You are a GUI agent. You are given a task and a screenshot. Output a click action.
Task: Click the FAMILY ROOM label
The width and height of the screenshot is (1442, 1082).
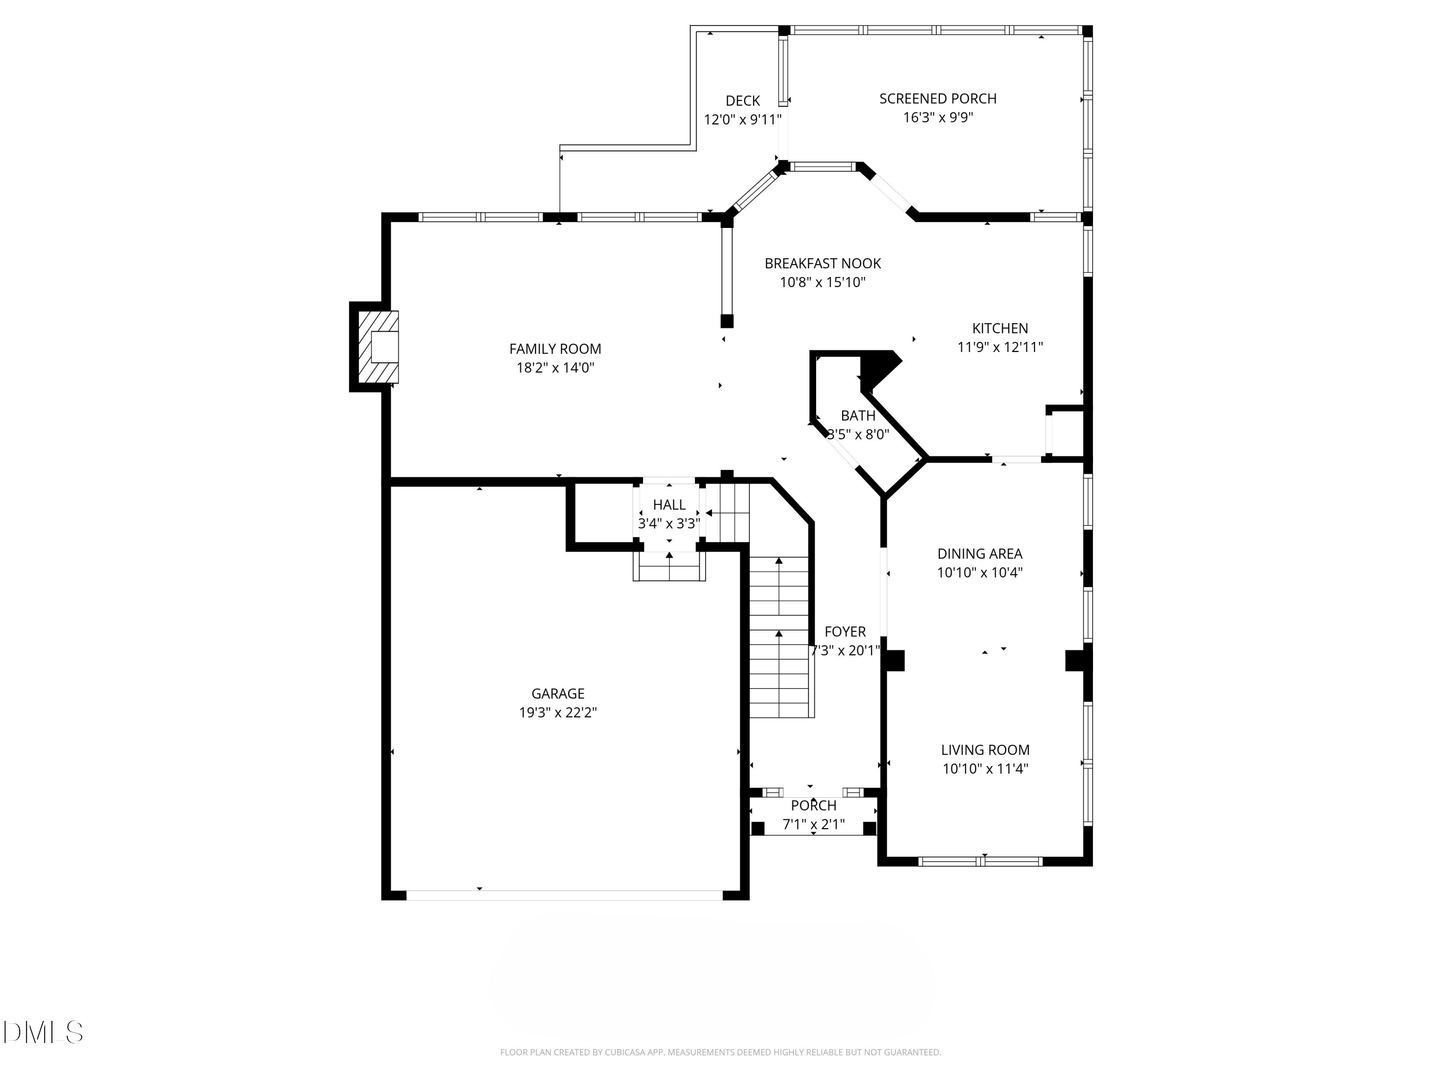[x=555, y=349]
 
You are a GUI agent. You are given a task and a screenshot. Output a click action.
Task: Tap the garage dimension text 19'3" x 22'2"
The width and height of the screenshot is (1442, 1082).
[x=558, y=712]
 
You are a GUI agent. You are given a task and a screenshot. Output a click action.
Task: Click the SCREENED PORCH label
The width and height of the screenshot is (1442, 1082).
[x=937, y=99]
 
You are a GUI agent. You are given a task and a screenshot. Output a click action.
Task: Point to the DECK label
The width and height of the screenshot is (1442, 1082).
[x=743, y=101]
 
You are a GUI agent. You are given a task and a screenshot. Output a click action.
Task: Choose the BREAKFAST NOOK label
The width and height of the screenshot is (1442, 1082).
[x=823, y=264]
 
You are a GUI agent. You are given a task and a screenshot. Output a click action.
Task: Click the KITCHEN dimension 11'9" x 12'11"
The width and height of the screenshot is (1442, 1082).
[x=999, y=347]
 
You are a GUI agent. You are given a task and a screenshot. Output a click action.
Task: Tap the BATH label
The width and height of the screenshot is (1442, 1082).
[x=858, y=415]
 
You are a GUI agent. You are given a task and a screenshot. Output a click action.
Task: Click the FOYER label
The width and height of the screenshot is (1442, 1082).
[x=845, y=631]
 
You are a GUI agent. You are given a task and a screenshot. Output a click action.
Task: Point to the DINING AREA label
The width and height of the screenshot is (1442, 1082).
[x=979, y=554]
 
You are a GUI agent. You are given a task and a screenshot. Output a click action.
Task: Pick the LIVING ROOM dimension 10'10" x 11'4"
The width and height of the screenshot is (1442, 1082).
[x=985, y=768]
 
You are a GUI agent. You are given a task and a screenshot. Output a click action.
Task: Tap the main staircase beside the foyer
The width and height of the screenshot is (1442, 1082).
[x=779, y=636]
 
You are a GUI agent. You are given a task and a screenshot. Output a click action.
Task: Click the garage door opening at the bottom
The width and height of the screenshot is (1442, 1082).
[x=565, y=895]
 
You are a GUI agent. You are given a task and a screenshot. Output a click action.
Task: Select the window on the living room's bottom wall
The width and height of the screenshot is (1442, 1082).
[x=980, y=861]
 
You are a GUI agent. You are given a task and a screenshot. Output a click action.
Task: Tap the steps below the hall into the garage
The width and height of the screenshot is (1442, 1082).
[x=669, y=566]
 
